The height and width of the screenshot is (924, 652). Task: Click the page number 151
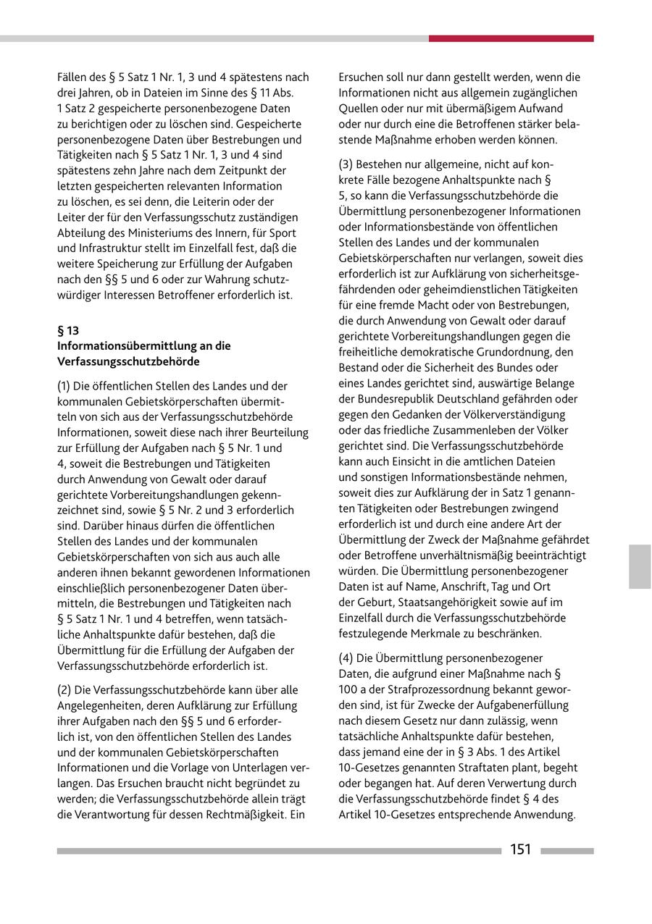click(520, 849)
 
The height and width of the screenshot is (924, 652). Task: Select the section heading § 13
click(68, 330)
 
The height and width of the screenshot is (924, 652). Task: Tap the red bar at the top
click(511, 38)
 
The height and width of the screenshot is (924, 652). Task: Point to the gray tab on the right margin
click(640, 566)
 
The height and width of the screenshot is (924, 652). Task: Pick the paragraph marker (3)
click(346, 164)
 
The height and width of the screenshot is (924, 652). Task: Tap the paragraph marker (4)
click(346, 658)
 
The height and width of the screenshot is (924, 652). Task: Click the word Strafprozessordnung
click(445, 689)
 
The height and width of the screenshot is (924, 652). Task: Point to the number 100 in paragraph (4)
click(348, 689)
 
